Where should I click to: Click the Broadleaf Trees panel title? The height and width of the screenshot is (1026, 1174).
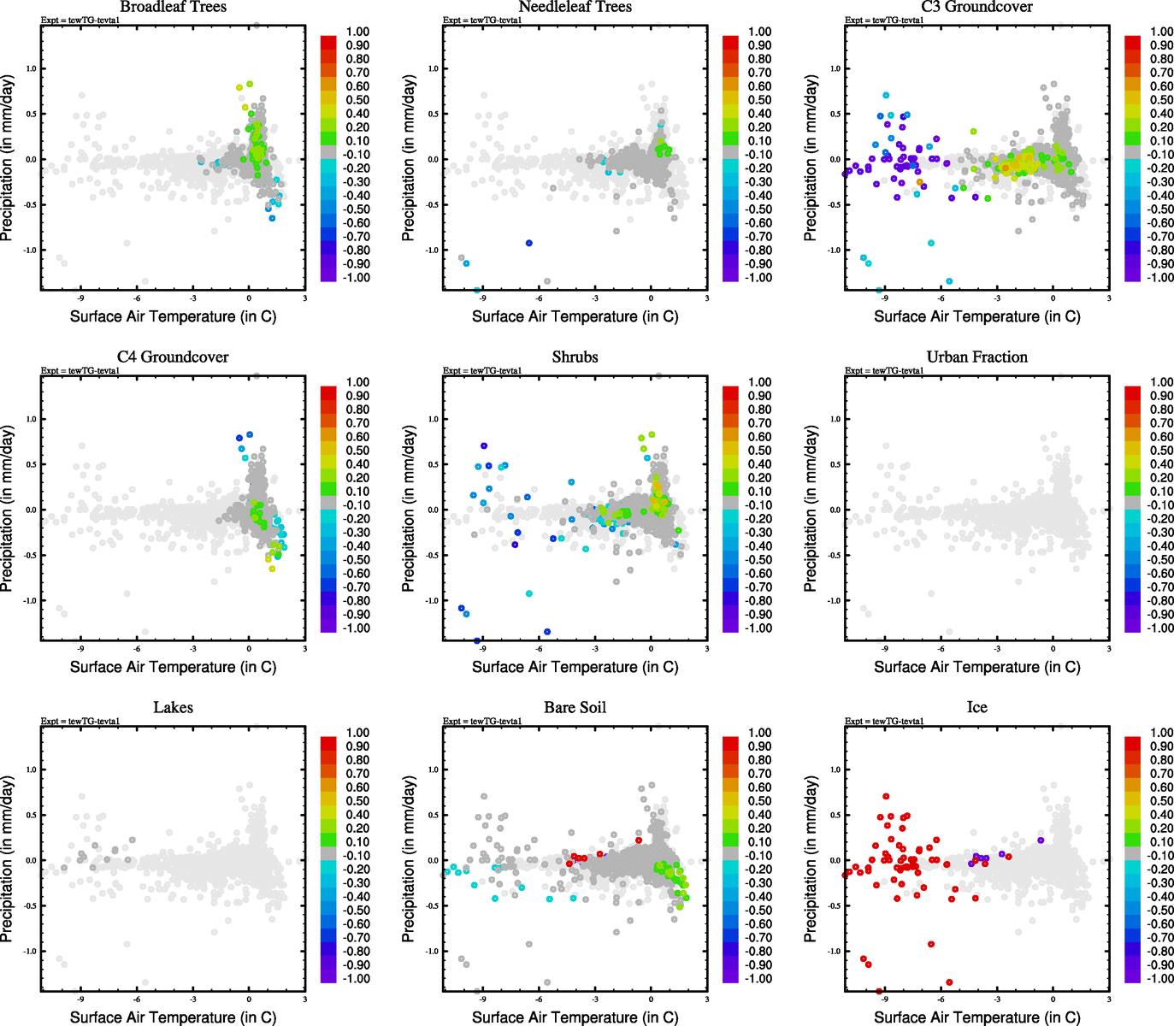(x=173, y=7)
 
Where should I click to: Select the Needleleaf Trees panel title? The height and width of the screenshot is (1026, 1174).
(x=575, y=7)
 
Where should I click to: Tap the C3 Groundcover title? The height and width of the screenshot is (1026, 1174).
(x=976, y=7)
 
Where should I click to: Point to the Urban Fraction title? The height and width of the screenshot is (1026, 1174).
(x=976, y=357)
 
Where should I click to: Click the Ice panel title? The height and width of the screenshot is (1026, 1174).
(x=976, y=708)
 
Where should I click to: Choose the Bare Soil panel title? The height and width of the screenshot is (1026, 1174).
(x=575, y=708)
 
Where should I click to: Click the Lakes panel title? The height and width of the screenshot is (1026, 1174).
(x=173, y=708)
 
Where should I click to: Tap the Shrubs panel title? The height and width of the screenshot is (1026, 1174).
(x=575, y=357)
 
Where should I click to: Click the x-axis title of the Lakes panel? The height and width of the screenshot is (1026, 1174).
(x=173, y=1017)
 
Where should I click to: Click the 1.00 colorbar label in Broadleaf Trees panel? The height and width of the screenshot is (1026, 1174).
(x=357, y=32)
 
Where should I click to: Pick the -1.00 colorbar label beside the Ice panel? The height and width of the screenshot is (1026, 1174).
(x=1159, y=978)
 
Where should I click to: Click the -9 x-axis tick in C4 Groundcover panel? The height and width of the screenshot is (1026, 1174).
(x=80, y=649)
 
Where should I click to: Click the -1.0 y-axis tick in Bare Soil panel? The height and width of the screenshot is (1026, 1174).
(x=432, y=951)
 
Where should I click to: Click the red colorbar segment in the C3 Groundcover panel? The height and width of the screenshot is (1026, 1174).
(x=1132, y=42)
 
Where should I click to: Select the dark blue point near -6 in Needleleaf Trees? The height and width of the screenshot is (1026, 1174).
(x=528, y=243)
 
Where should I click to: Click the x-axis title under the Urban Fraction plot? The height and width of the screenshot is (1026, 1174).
(x=976, y=667)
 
